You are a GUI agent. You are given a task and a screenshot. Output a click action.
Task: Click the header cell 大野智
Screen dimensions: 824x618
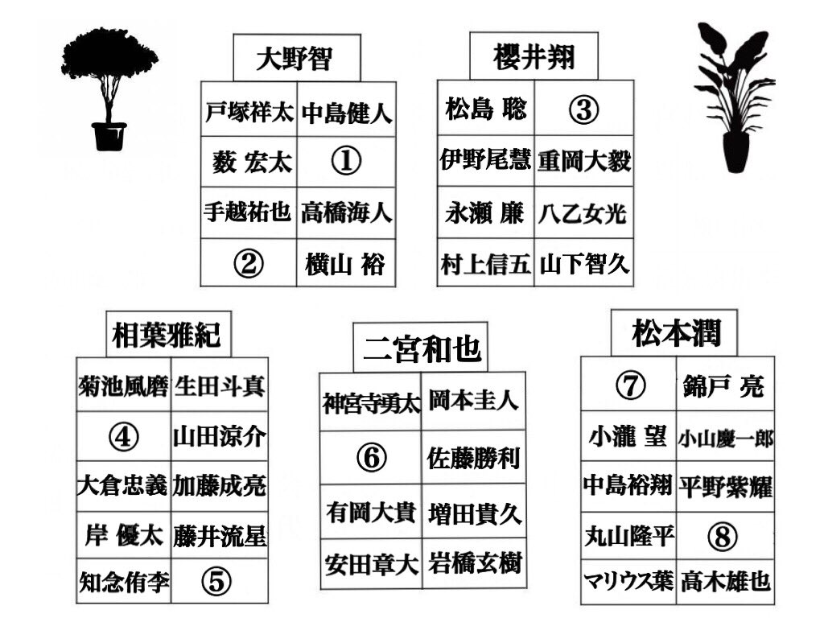coord(296,58)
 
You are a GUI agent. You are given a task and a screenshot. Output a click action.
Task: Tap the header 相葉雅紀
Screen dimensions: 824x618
coord(167,334)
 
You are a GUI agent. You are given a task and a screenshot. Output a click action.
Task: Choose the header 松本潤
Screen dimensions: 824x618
coord(676,332)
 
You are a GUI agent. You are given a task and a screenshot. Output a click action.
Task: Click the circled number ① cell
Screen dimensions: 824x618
coord(346,162)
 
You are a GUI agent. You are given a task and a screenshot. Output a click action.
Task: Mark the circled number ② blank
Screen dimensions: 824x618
coord(249,262)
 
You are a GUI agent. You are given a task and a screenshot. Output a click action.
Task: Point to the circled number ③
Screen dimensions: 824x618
coord(583,110)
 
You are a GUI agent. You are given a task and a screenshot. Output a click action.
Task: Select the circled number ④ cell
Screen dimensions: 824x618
coord(124,437)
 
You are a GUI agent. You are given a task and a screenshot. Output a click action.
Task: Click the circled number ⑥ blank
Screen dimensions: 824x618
coord(371,458)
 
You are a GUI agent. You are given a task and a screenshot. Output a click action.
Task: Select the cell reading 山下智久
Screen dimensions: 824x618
coord(584,263)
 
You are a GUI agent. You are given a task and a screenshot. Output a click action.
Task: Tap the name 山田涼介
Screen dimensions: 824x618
coord(219,437)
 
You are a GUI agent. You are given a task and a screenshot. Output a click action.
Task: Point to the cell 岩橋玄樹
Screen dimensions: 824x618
coord(474,562)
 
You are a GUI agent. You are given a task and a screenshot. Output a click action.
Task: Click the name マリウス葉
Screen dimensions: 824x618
coord(628,581)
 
